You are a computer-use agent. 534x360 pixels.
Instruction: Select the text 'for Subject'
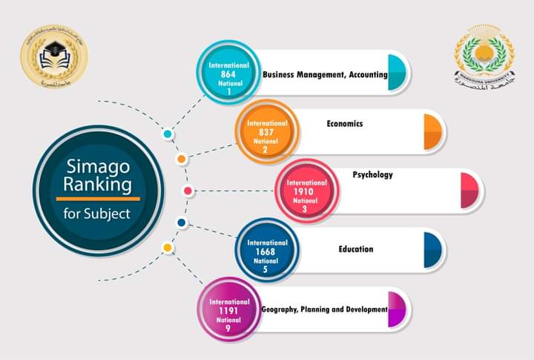pos(97,214)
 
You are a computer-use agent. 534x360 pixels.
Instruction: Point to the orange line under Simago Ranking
pos(97,198)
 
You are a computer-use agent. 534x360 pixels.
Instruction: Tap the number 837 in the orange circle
pos(266,132)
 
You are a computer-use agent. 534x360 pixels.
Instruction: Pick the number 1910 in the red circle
pos(306,192)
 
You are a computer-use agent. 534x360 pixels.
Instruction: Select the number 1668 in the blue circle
pos(266,252)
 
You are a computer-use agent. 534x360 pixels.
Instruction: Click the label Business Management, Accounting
pos(325,75)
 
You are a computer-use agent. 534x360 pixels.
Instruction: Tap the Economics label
pos(345,124)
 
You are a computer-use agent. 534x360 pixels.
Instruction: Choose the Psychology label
pos(372,175)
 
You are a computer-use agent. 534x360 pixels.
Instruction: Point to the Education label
pos(356,249)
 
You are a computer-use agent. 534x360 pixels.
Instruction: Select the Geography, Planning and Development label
pos(325,309)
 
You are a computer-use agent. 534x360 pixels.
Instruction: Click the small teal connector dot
pos(168,134)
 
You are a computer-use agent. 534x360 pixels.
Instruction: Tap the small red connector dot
pos(188,191)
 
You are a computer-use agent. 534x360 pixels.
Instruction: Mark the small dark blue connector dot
pos(181,223)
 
